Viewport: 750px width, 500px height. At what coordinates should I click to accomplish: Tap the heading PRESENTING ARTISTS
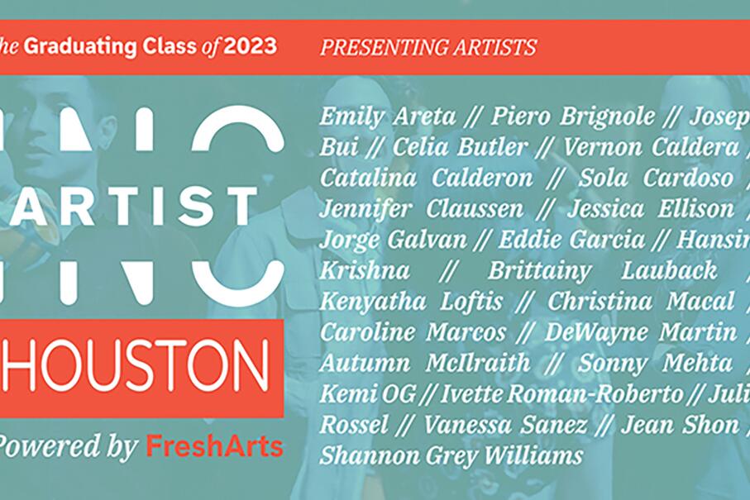(428, 47)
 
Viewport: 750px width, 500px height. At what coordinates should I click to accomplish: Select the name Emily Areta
(387, 117)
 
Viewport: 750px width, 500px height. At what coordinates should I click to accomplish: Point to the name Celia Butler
(459, 148)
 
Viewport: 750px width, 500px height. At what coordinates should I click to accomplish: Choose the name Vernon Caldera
(651, 148)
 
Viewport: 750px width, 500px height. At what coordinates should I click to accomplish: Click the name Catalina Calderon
(426, 179)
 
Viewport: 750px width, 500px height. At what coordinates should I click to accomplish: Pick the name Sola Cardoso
(656, 179)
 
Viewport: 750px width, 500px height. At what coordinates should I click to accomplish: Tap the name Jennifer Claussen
(422, 209)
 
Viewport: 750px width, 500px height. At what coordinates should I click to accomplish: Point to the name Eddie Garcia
(571, 240)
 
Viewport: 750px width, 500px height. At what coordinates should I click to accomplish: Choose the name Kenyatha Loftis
(411, 302)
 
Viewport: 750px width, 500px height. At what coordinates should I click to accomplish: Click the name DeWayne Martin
(640, 333)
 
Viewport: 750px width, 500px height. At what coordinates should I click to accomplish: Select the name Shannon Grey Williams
(451, 455)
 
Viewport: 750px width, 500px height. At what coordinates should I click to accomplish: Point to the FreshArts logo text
(214, 447)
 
